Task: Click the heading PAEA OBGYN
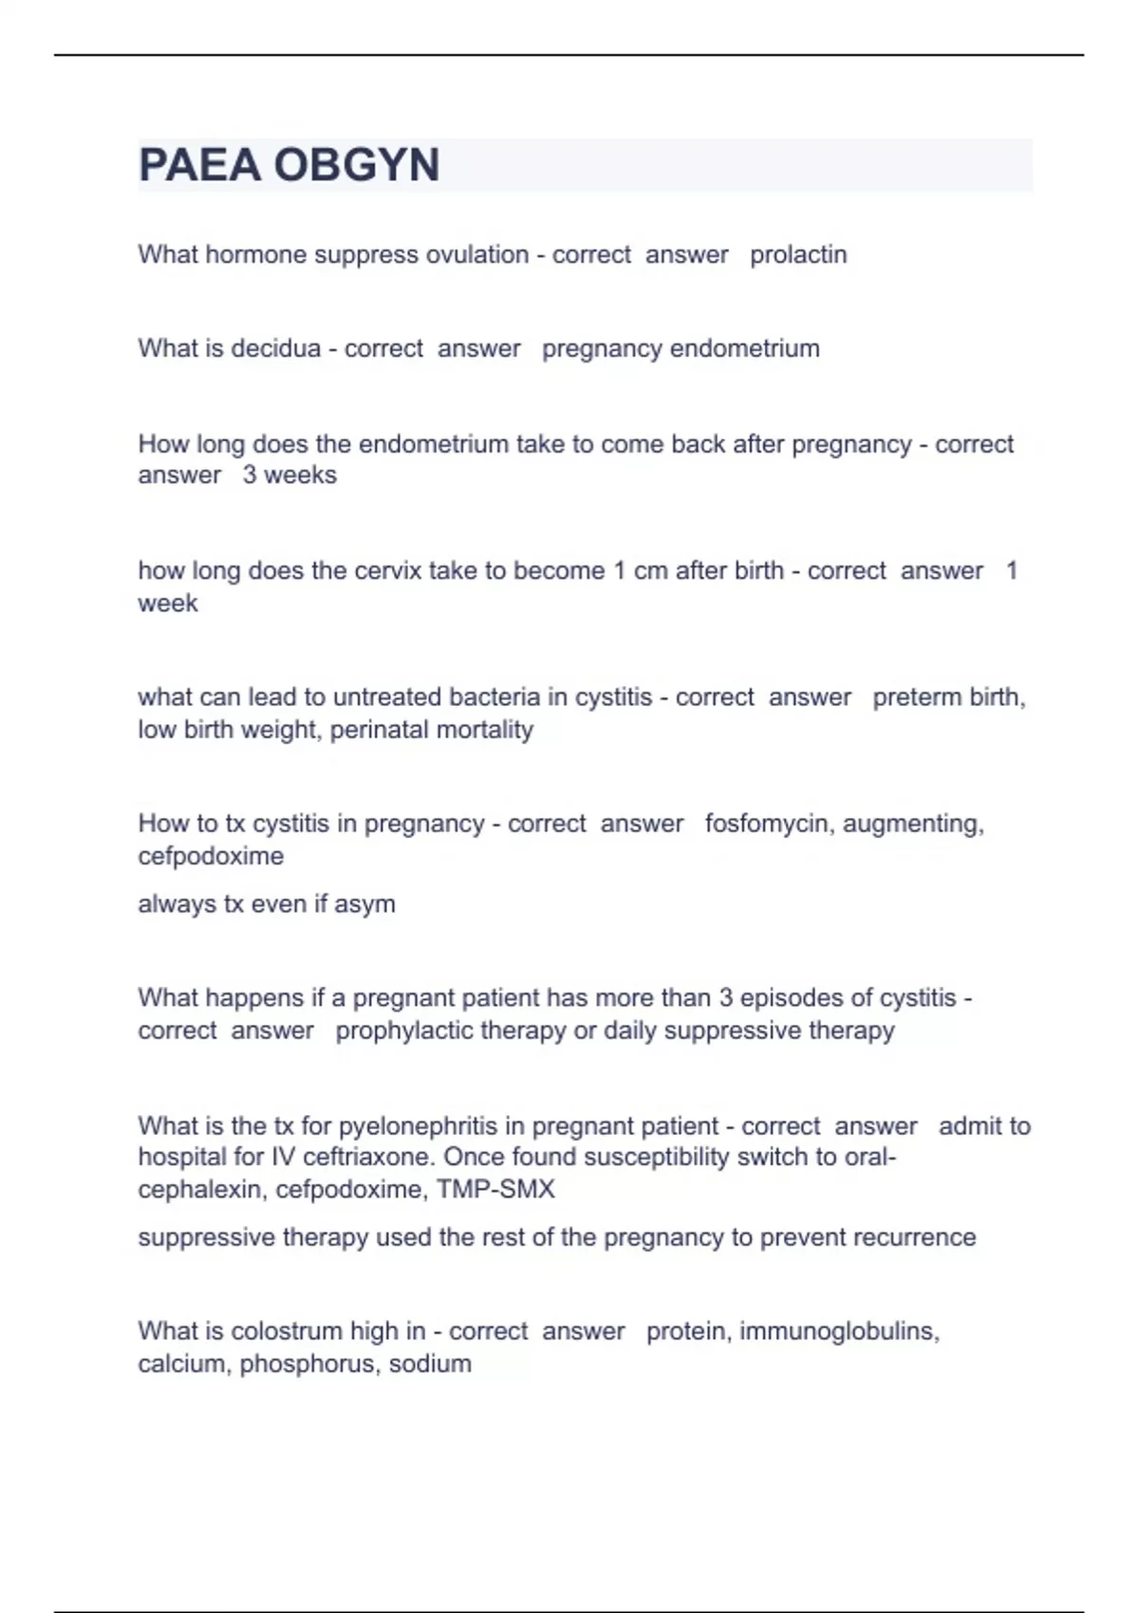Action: tap(289, 165)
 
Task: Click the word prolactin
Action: tap(798, 254)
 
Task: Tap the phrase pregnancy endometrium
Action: tap(681, 348)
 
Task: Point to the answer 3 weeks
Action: tap(289, 474)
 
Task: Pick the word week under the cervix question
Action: tap(168, 603)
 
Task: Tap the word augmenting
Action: tap(913, 823)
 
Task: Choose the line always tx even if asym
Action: tap(267, 904)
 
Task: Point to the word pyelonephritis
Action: tap(418, 1126)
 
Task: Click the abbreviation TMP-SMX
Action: tap(495, 1189)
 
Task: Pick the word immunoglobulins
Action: tap(839, 1331)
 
